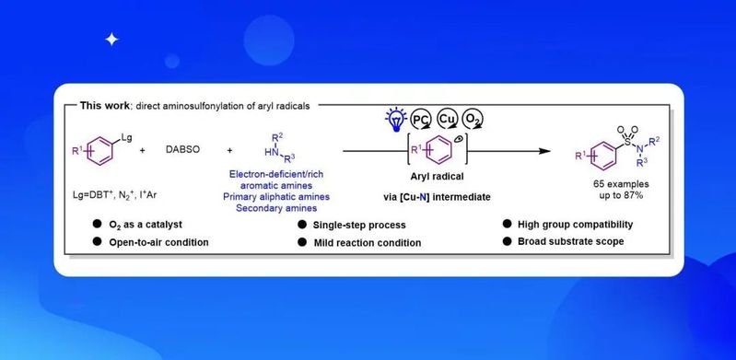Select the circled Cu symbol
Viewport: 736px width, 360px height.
(x=447, y=119)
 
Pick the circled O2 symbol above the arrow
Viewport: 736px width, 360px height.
(x=473, y=120)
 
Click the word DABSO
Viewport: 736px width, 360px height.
(x=182, y=151)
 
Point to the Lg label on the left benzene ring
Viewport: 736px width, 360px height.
(x=126, y=137)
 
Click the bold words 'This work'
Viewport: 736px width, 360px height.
(x=105, y=106)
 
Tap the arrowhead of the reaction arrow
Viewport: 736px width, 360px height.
(x=544, y=151)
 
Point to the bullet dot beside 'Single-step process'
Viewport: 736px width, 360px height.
(x=302, y=225)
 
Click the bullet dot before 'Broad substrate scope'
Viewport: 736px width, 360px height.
(x=507, y=241)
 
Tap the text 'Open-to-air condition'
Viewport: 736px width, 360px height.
(x=158, y=242)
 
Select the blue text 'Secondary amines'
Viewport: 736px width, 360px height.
(x=276, y=208)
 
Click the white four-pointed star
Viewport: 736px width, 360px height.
(x=111, y=40)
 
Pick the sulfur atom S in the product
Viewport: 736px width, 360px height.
(x=628, y=140)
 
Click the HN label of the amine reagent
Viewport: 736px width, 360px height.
(x=271, y=152)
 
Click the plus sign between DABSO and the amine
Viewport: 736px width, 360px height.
(x=229, y=151)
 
